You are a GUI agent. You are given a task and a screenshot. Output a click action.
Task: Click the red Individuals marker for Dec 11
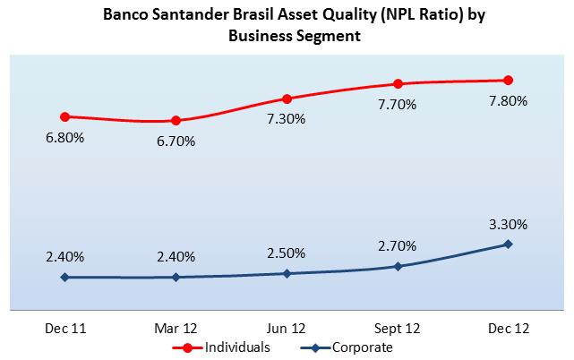[x=64, y=116]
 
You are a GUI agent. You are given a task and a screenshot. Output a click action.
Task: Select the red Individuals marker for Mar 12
[x=176, y=121]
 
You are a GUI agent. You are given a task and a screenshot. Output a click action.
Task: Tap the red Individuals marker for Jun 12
[x=287, y=99]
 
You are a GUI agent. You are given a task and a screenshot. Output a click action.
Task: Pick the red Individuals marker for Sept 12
[x=398, y=84]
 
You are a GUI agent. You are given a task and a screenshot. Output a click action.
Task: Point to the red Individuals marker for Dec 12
[x=509, y=81]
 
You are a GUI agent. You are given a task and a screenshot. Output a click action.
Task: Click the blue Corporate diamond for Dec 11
[x=64, y=278]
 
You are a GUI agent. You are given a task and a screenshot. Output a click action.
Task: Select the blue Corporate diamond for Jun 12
[x=287, y=273]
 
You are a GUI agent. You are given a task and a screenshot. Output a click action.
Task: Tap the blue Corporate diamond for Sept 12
[x=398, y=266]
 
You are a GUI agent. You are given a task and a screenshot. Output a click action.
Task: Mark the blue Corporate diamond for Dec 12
[x=509, y=244]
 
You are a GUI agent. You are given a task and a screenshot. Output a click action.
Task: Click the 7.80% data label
[x=508, y=101]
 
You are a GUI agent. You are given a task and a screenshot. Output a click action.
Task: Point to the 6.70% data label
[x=176, y=141]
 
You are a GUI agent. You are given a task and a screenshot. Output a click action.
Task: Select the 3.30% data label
[x=508, y=224]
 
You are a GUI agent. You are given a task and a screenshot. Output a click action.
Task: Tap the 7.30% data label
[x=287, y=119]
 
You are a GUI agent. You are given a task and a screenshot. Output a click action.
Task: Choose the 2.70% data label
[x=398, y=246]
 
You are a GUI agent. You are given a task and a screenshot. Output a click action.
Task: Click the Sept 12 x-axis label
[x=398, y=328]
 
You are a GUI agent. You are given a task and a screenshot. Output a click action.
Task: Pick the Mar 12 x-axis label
[x=176, y=328]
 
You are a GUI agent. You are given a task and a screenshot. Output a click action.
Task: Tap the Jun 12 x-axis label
[x=287, y=328]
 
